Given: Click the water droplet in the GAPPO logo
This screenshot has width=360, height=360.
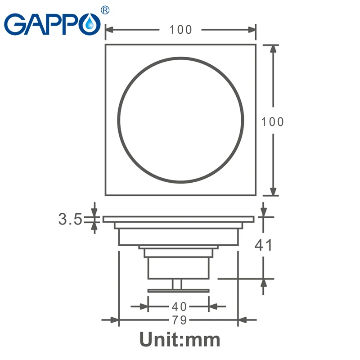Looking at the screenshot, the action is (x=90, y=24).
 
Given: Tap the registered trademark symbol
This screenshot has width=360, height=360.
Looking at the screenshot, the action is (x=105, y=10).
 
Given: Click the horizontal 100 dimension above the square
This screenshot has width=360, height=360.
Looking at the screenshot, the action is (x=180, y=30).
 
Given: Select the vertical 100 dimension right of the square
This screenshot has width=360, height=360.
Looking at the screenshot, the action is (x=273, y=121).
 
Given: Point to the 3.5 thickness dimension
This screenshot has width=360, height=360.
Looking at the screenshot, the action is (x=70, y=219).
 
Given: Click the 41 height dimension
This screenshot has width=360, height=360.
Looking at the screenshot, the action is (x=263, y=245).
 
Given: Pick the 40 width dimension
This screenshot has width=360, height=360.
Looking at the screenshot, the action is (x=179, y=306).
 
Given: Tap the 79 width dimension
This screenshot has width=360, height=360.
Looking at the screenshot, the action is (x=179, y=320).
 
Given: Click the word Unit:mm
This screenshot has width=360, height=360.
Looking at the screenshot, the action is (x=180, y=339).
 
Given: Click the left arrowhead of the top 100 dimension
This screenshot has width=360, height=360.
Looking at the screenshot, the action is (x=109, y=30).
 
